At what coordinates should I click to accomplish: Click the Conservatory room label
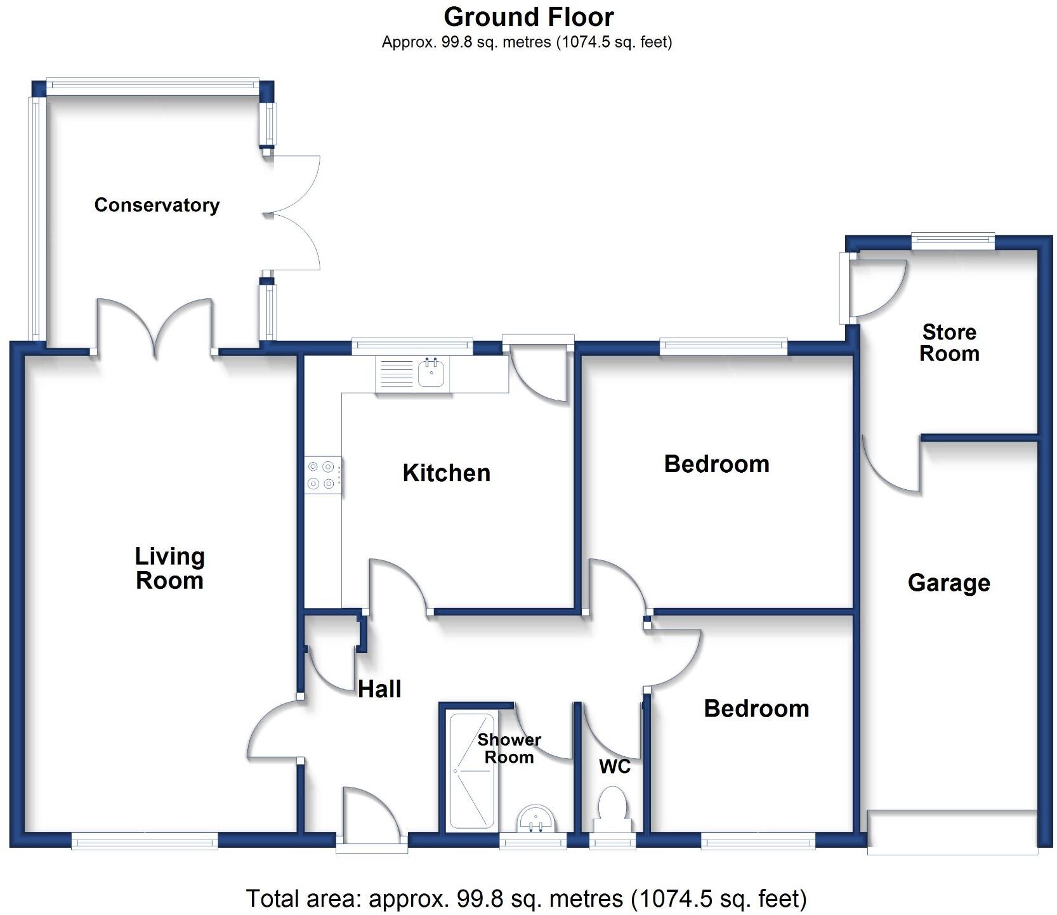[157, 205]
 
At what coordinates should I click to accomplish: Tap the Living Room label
[169, 569]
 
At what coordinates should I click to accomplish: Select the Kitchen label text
[446, 473]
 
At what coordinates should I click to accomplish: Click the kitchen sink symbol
[432, 373]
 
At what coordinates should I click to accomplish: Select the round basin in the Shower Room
[536, 818]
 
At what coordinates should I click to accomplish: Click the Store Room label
[949, 343]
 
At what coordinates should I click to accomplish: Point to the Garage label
[949, 583]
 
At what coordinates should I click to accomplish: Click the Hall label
[379, 689]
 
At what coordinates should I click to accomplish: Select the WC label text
[614, 767]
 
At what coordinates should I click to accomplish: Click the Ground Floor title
[528, 17]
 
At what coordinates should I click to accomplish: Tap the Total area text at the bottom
[526, 899]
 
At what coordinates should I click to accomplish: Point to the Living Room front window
[145, 842]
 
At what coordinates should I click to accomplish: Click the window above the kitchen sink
[412, 345]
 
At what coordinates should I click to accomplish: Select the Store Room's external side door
[846, 287]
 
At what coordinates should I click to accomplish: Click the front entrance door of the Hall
[371, 843]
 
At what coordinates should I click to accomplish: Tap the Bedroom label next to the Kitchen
[716, 464]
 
